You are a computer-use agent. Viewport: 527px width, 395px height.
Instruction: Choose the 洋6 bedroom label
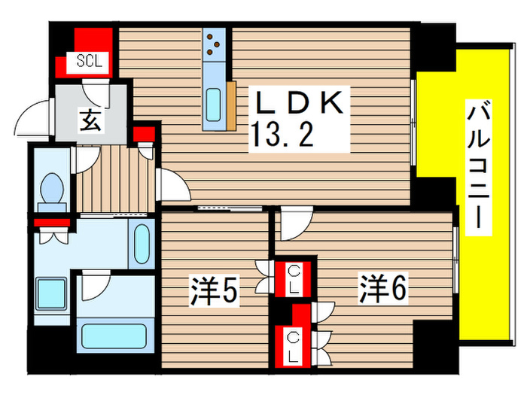tap(383, 290)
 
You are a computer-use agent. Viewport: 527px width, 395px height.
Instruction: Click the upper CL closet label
tap(294, 279)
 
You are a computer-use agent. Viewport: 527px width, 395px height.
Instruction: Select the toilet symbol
tap(53, 189)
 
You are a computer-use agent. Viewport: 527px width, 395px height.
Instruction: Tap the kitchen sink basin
tap(214, 102)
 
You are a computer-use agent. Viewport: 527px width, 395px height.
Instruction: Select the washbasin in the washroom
tap(140, 245)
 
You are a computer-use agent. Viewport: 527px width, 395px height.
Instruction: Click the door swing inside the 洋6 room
tap(294, 223)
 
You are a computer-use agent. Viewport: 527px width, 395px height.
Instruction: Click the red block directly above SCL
tap(94, 37)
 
